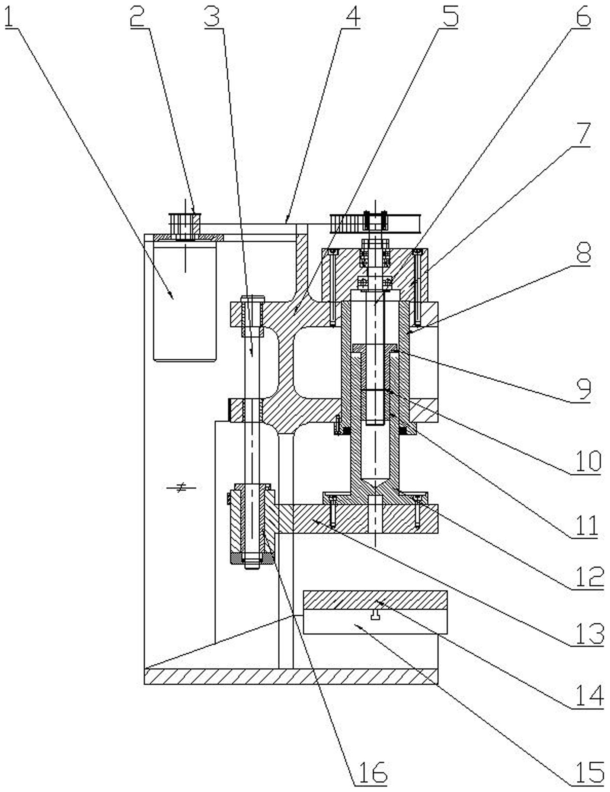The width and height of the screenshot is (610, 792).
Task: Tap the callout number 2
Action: (x=137, y=16)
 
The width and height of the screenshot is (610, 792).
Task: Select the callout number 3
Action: (x=212, y=16)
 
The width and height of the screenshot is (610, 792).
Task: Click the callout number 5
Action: (x=449, y=16)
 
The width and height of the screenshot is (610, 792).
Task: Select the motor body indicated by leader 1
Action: (x=185, y=303)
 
